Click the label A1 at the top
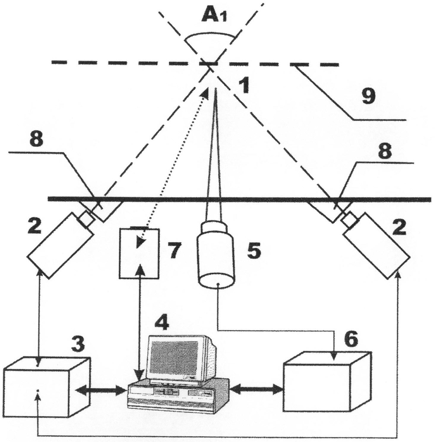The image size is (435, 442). (x=214, y=15)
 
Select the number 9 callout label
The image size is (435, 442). (x=368, y=96)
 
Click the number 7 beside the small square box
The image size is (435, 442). (x=173, y=250)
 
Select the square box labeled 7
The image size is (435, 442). (x=139, y=253)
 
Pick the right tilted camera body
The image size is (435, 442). (x=377, y=246)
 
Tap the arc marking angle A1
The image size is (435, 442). (x=209, y=36)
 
